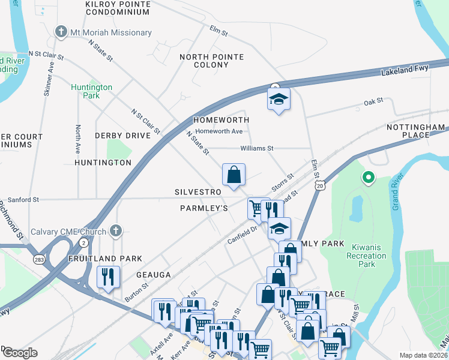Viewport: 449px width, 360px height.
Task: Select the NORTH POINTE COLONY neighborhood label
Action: point(212,61)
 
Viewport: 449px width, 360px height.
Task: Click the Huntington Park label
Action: point(91,91)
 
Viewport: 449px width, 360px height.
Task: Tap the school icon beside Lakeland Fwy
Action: point(279,99)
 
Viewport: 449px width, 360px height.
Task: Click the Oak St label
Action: point(373,102)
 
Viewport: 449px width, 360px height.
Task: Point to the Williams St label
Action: point(257,148)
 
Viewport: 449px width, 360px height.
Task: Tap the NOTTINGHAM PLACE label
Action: point(415,131)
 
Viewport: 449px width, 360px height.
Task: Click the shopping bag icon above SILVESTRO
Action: point(234,175)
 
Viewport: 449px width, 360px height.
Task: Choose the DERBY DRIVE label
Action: point(122,136)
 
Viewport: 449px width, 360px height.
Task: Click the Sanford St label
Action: point(23,199)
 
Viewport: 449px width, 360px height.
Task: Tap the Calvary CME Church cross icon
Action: point(116,231)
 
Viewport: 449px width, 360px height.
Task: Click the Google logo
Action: point(20,353)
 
